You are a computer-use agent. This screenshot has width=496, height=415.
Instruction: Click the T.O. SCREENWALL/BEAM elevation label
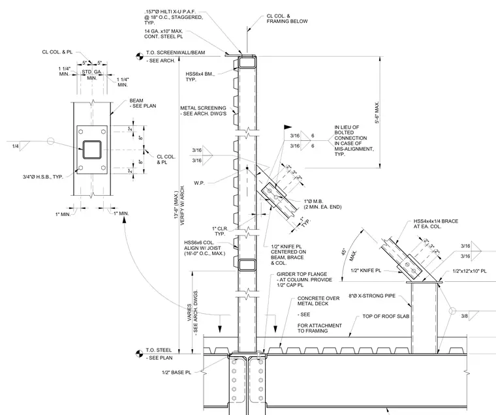pos(176,52)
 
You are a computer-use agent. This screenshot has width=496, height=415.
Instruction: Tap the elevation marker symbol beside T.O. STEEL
pos(139,354)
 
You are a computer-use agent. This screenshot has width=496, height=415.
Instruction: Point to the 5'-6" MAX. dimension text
pos(377,112)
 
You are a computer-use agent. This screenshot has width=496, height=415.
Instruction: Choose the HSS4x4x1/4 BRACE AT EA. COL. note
pos(435,224)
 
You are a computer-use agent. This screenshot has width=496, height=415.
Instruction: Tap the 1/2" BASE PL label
pos(176,373)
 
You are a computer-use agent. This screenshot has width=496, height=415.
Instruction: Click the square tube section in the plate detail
pos(92,149)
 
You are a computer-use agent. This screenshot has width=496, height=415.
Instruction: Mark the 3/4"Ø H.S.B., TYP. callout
pos(42,177)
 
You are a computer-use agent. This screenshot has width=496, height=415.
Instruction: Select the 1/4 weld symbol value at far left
pos(15,146)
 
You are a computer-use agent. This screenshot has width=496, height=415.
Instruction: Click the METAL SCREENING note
pos(203,111)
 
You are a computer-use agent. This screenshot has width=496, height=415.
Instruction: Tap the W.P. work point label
pos(199,183)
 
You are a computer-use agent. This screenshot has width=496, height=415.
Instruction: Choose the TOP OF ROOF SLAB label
pos(386,316)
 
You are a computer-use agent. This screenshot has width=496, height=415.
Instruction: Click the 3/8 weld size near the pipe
pos(465,316)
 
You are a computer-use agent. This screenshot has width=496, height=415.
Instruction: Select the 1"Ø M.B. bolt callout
pos(322,204)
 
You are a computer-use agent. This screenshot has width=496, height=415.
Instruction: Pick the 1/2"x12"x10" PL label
pos(469,271)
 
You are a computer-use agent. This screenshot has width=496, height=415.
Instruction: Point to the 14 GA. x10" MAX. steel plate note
pos(164,34)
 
